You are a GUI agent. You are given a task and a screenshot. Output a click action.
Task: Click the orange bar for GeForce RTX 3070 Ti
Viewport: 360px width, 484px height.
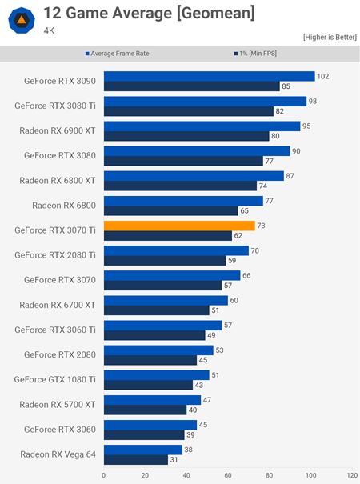point(179,226)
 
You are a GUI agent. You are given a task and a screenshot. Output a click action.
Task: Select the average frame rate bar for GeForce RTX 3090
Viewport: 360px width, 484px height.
point(209,77)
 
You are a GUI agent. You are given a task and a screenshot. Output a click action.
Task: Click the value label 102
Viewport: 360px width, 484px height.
point(324,77)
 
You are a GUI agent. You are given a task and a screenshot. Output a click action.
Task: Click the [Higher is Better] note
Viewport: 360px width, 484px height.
point(329,38)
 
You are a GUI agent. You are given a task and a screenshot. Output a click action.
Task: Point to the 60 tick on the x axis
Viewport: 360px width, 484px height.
point(228,475)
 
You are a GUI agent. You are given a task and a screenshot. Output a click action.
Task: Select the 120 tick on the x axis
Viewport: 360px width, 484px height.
point(352,475)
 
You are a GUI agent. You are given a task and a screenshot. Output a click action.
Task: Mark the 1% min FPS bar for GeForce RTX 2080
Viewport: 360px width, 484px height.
point(150,359)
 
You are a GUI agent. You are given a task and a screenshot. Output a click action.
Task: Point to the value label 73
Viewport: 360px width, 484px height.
point(262,226)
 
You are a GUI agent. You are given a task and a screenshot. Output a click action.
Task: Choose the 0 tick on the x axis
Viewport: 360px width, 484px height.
point(103,475)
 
